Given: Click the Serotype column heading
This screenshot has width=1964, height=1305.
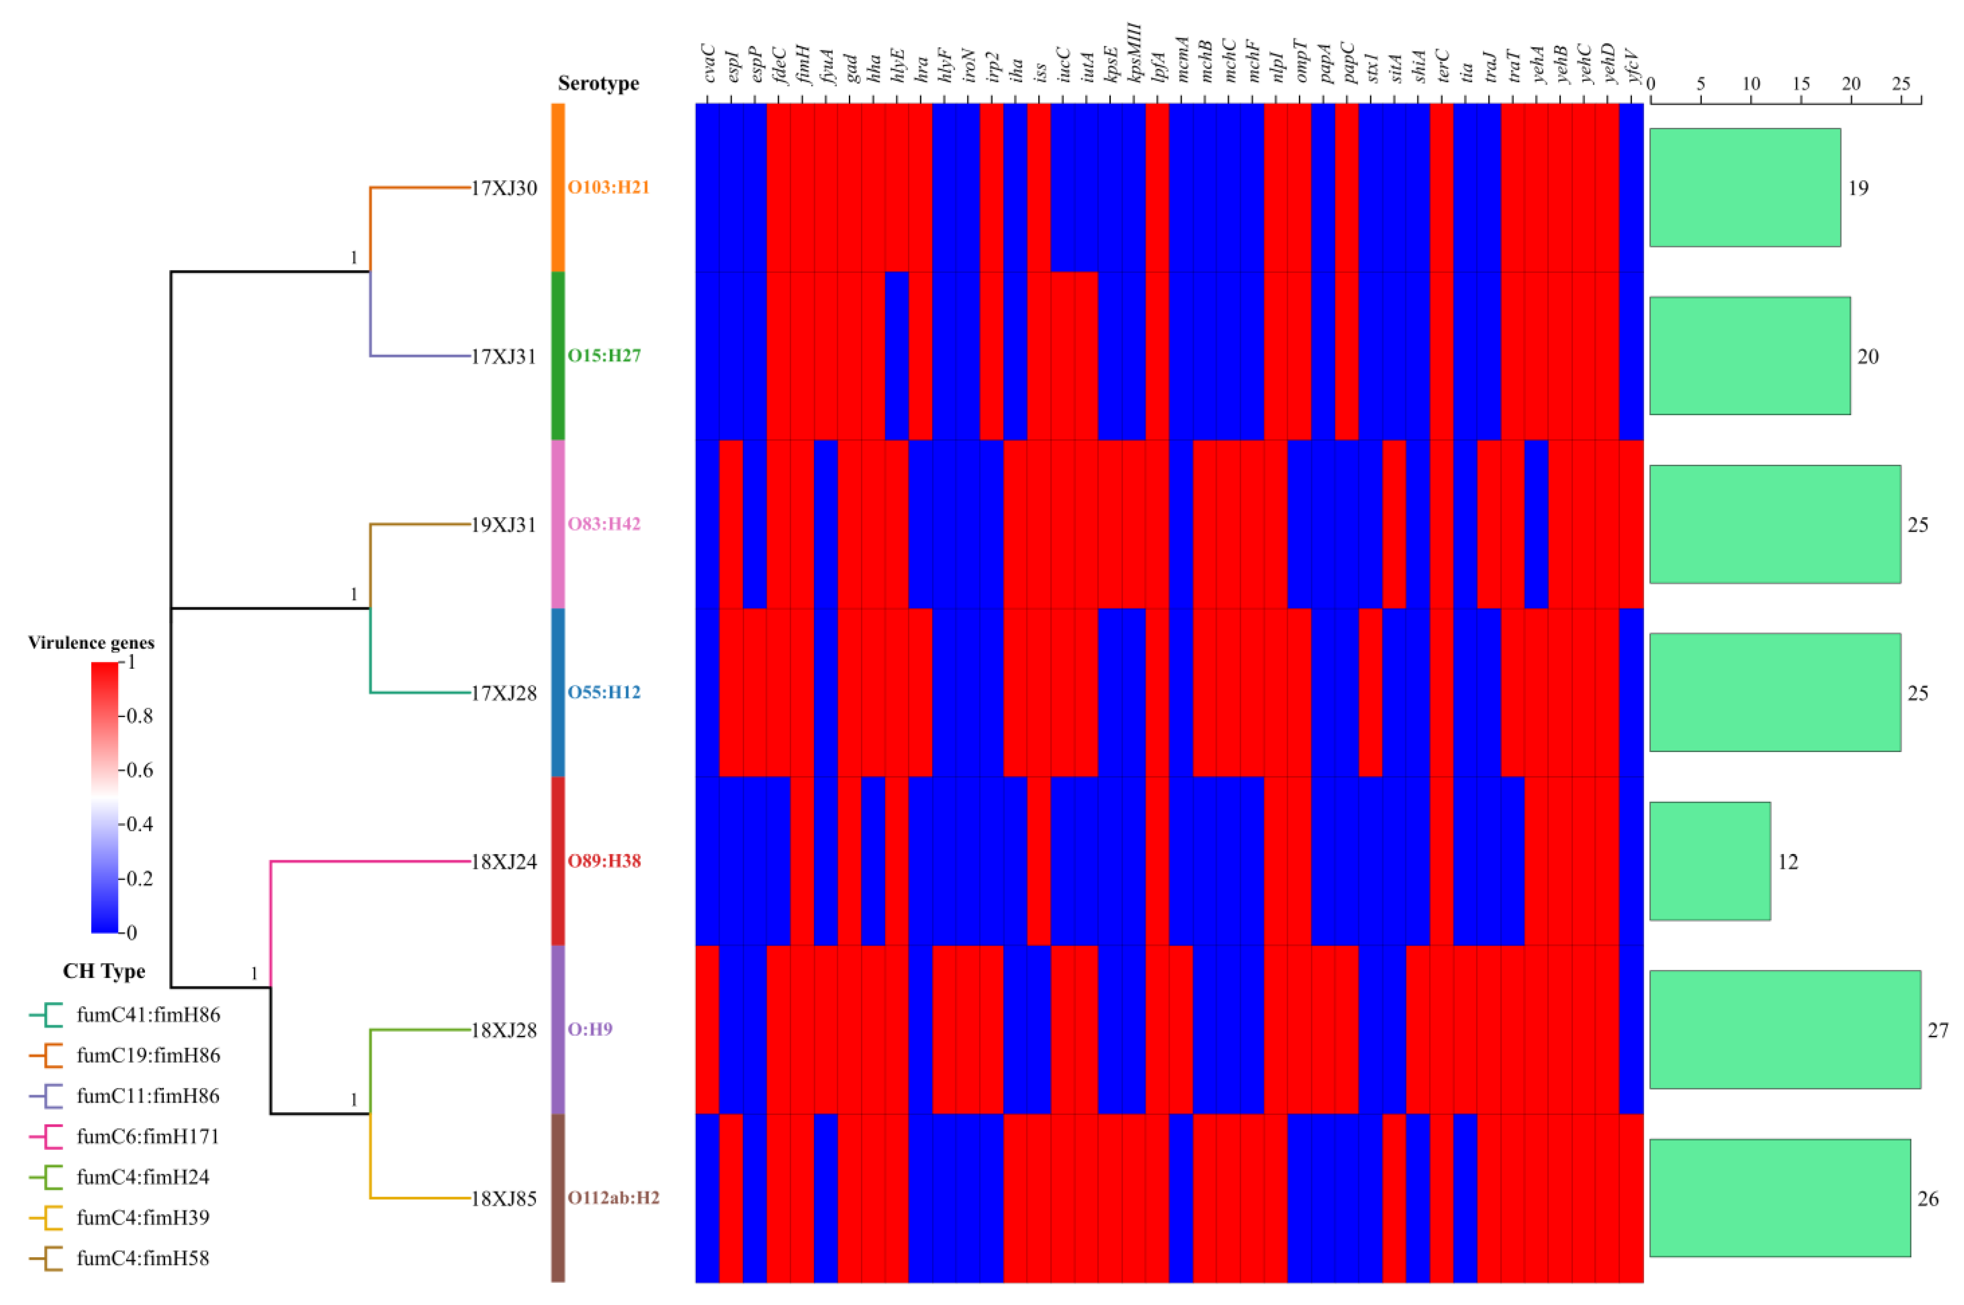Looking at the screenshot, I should click(x=598, y=83).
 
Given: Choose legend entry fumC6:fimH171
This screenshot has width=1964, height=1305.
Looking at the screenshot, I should click(x=147, y=1136).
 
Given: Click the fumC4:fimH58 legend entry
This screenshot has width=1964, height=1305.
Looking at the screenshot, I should click(x=142, y=1258).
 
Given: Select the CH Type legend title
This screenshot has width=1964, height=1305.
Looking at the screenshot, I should click(x=104, y=971).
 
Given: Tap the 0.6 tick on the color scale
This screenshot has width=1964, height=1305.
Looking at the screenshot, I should click(x=138, y=770).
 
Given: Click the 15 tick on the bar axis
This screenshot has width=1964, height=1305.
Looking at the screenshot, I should click(x=1801, y=84).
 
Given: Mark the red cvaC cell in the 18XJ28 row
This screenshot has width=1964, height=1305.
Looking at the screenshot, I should click(x=707, y=1029).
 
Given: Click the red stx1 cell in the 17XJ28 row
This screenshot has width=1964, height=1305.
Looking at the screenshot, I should click(x=1371, y=693).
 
